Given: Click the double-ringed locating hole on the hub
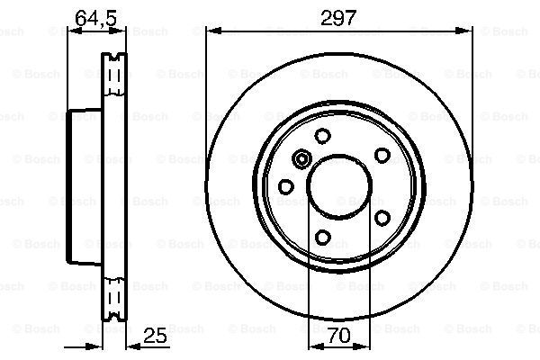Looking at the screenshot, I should click(302, 160).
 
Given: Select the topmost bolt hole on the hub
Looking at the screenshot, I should click(322, 136).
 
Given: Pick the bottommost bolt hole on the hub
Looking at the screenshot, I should click(323, 238).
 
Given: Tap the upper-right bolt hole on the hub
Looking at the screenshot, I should click(382, 156).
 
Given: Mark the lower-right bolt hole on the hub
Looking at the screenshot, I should click(382, 218).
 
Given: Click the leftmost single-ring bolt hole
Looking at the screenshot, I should click(286, 186).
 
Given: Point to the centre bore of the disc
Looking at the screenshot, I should click(339, 186).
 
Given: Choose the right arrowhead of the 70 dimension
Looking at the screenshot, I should click(364, 347).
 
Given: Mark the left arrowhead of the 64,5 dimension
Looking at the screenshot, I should click(74, 31).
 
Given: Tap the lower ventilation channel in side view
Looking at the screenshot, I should click(113, 297).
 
